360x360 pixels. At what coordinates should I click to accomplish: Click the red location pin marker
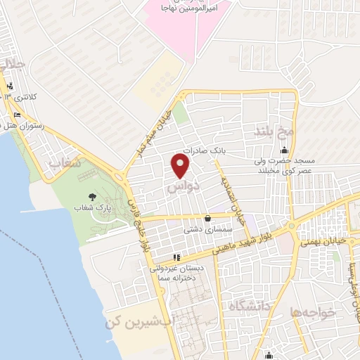click(181, 166)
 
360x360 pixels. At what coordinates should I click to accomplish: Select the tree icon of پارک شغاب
click(91, 198)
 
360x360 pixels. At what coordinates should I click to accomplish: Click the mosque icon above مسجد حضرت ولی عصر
click(284, 150)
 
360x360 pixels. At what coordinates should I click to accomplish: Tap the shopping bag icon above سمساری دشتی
click(207, 219)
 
